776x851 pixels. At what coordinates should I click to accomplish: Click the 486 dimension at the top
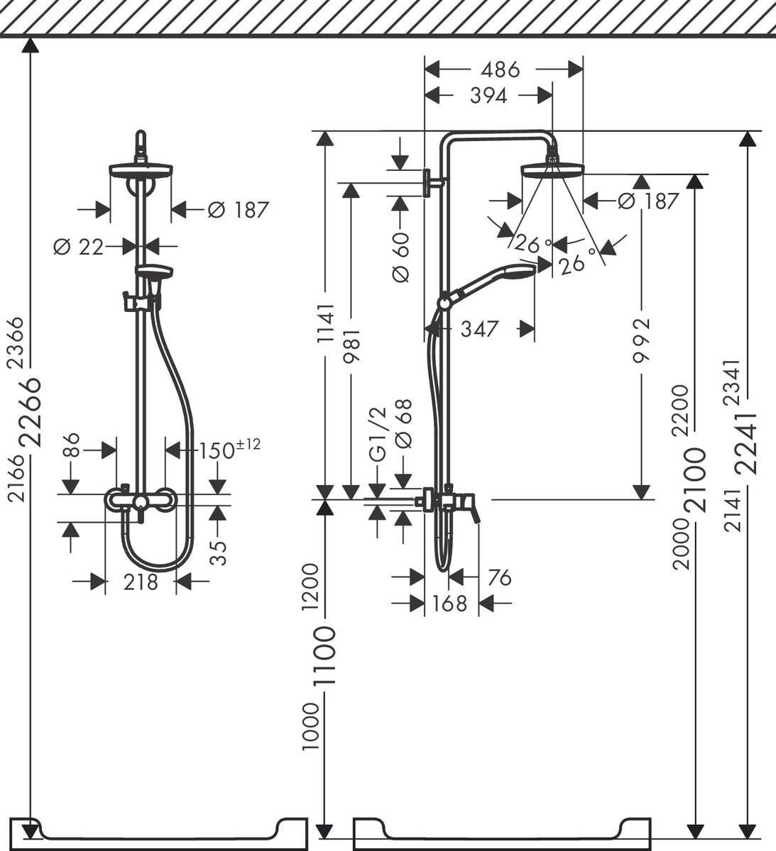500,69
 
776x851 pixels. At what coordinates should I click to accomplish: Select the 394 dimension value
488,96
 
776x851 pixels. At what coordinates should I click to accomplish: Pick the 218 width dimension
141,582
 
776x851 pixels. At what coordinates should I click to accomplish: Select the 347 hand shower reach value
479,328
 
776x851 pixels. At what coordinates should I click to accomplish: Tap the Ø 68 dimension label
403,423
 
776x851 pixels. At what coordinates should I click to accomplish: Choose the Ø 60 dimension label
400,257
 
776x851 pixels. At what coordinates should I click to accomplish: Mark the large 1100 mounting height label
325,656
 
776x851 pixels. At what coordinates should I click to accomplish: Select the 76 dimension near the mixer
499,578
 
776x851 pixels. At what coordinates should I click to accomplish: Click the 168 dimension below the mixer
450,604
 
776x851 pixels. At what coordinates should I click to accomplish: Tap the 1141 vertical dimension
325,323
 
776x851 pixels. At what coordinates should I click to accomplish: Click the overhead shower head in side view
552,169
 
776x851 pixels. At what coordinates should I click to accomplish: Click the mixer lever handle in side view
471,512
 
